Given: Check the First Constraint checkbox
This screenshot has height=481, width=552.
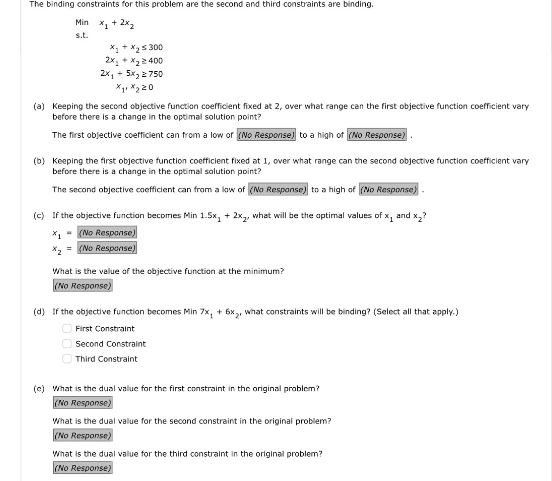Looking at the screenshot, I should [x=66, y=329].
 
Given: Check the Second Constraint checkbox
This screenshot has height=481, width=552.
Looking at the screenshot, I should [x=66, y=344].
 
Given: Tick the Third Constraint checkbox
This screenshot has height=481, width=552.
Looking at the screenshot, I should [x=66, y=359].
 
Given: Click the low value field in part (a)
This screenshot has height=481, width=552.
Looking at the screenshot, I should [x=266, y=135].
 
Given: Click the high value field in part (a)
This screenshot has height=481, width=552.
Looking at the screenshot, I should [x=376, y=135].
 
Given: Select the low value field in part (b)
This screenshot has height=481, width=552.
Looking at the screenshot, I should [x=278, y=189].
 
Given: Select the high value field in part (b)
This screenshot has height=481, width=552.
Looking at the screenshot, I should [x=388, y=189].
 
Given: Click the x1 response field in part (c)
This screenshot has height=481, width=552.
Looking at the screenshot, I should [x=107, y=232].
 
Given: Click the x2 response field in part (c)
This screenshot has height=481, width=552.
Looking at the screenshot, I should [x=107, y=248].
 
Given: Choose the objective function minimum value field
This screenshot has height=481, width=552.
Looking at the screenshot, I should [x=82, y=286].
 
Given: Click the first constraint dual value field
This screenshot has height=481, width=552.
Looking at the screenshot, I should [x=82, y=403].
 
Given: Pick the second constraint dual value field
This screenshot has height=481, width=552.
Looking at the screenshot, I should [x=82, y=436].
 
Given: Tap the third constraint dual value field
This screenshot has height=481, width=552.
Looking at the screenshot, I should [x=82, y=468].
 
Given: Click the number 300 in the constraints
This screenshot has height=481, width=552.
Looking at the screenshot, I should [x=156, y=47].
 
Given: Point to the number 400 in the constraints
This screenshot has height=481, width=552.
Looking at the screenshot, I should [x=156, y=61].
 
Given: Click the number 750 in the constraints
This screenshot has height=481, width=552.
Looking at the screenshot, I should [x=156, y=74].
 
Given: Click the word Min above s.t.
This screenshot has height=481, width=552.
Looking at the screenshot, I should [x=82, y=22].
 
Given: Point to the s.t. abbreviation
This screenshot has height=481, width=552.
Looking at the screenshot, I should [x=81, y=35].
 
